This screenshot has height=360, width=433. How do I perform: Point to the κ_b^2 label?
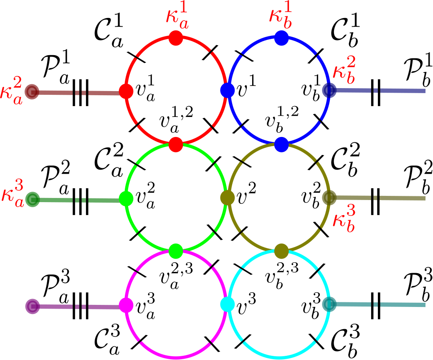coord(345,69)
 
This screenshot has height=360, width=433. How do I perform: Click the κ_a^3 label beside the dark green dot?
coord(13,192)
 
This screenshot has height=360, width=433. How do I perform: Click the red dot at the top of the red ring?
coord(176,38)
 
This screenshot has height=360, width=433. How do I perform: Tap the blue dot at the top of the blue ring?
coord(282,38)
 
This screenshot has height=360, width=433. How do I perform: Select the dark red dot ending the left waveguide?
coord(32,91)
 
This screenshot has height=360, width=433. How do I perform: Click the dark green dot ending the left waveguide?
coord(32,199)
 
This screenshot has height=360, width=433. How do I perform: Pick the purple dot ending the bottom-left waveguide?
coord(32,306)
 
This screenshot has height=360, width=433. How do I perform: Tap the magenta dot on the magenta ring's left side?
coord(126,305)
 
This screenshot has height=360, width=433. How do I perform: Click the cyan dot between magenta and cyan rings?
coord(227,304)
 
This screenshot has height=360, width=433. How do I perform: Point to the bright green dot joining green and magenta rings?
coord(176,251)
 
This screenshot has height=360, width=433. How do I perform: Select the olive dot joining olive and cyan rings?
coord(282,251)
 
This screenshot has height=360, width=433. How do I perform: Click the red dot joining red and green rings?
coord(176,145)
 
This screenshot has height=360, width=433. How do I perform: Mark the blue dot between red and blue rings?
coord(228,90)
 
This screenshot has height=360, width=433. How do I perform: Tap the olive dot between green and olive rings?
coord(228,198)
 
